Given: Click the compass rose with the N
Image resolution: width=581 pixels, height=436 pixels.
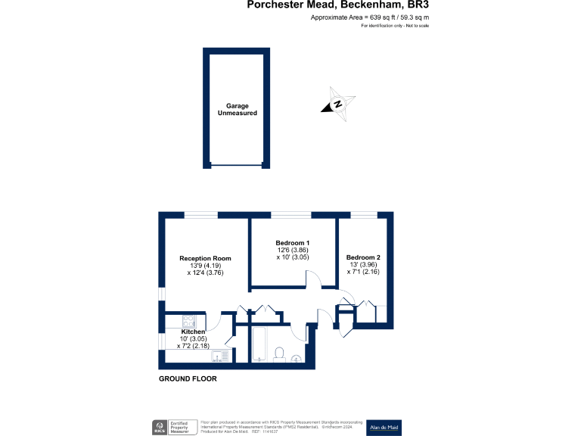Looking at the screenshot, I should click(x=337, y=105).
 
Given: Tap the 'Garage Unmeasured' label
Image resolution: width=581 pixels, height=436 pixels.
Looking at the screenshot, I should click(x=237, y=110).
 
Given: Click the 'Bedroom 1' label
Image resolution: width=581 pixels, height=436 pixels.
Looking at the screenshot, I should click(x=292, y=242).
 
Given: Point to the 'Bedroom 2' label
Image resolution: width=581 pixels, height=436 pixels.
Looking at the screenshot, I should click(x=363, y=257).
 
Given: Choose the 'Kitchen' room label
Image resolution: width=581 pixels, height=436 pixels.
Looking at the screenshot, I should click(x=193, y=332).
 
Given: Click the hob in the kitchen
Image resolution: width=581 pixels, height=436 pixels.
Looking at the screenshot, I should click(x=190, y=321).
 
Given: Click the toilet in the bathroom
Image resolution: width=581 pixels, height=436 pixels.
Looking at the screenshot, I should click(x=278, y=353).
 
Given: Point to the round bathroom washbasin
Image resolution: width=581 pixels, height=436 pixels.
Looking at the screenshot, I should click(x=296, y=358).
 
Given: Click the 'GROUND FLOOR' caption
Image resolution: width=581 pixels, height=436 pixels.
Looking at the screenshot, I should click(x=188, y=378).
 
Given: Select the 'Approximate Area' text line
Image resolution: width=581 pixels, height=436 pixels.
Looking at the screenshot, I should click(x=370, y=17).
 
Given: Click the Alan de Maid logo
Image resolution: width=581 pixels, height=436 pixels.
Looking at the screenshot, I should click(x=384, y=427).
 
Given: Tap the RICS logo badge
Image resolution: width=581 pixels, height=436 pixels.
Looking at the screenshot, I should click(x=160, y=427).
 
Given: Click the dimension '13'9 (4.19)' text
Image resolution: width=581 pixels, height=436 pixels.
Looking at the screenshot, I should click(x=204, y=266).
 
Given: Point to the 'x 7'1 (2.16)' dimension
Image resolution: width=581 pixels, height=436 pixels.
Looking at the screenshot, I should click(x=363, y=272).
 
